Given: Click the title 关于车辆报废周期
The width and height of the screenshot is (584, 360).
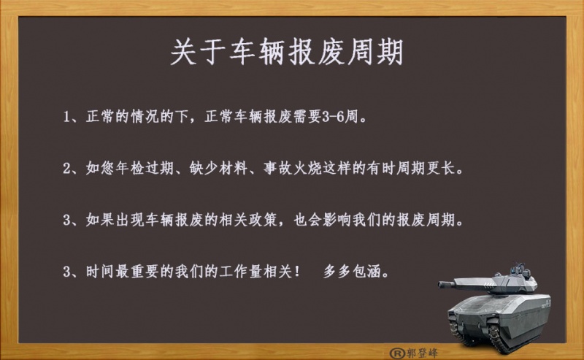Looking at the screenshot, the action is click(x=287, y=52).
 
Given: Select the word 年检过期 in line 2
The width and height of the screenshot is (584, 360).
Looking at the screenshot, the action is click(x=145, y=169).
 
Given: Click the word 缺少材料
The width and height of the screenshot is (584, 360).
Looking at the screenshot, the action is click(x=218, y=169).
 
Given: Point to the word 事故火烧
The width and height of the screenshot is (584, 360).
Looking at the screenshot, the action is click(x=293, y=169).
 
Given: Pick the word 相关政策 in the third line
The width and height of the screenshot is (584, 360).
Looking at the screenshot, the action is click(x=248, y=220).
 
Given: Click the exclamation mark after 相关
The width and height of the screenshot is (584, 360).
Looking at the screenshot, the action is click(x=297, y=272).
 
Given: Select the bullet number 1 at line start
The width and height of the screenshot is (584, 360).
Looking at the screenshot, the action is click(x=66, y=117).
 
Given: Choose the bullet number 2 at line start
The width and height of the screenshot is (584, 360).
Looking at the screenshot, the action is click(x=66, y=169).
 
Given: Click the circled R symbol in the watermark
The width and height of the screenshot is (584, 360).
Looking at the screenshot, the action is click(x=397, y=353).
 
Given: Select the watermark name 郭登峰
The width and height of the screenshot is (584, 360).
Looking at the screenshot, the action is click(x=422, y=353).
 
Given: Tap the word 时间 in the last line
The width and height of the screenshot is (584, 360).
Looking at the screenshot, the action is click(x=100, y=272).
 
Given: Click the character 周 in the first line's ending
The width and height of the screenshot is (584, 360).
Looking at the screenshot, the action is click(x=351, y=117).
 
